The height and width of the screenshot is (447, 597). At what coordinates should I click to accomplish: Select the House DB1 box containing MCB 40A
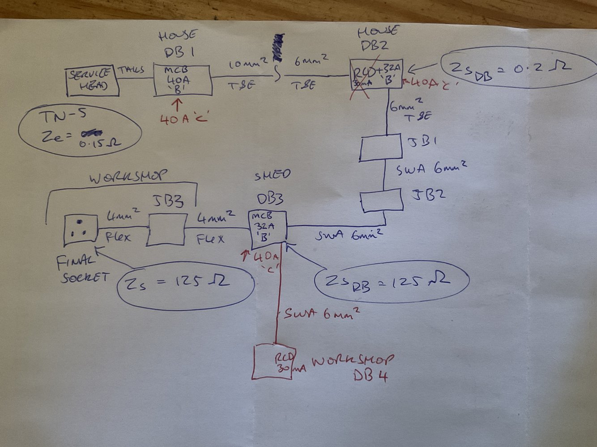point(182,80)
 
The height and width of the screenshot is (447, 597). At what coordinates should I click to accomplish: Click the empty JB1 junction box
point(380,148)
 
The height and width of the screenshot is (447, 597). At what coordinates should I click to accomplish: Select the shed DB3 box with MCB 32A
point(267,229)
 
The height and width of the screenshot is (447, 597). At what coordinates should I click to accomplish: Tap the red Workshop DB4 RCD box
point(273,361)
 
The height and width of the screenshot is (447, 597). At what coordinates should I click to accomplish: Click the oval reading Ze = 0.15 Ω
point(80,132)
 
